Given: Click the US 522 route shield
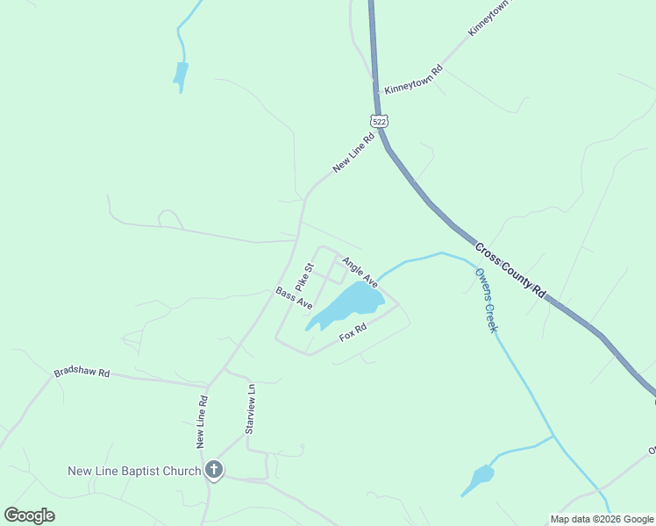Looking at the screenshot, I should (379, 121).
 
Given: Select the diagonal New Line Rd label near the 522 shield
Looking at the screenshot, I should (353, 154).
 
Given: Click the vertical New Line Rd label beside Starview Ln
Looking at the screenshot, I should (202, 423).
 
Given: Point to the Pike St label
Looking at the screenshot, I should (304, 277).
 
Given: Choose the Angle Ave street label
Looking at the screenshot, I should (360, 272).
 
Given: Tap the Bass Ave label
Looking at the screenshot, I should (294, 298).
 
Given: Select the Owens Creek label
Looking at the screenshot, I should (486, 300).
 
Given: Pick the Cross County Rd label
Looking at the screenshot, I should (511, 269).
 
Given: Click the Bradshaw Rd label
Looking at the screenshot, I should (82, 373).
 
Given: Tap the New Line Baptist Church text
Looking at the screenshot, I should (134, 472).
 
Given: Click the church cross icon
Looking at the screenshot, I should (213, 471).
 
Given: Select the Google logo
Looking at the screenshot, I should (29, 515).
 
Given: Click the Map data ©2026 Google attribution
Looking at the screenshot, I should (601, 519).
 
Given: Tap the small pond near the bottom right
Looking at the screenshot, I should (479, 480).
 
